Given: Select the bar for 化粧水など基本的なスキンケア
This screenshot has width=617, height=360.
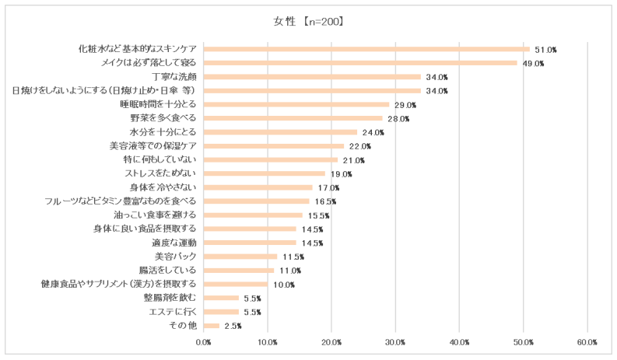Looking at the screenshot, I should coord(366,49).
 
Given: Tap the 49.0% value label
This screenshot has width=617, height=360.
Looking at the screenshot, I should coord(533,63).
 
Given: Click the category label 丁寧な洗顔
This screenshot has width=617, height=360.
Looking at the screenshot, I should coord(171,77).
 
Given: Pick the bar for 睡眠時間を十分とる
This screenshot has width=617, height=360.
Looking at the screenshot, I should coord(296,104).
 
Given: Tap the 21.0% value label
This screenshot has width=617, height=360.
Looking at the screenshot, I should coord(354,160).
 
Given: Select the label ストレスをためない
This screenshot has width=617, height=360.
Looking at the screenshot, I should coord(160,173).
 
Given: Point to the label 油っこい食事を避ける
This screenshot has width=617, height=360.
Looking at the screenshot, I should coord(158,215).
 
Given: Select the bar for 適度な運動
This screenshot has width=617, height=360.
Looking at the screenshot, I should coord(250,243).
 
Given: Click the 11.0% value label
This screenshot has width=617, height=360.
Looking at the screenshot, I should coord(290,271).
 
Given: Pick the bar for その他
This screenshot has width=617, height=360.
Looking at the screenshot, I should coord(212,326).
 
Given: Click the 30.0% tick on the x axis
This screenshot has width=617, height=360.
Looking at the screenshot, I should coord(395,342).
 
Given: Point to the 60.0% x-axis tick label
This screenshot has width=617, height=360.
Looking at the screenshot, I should coord(587,342).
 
